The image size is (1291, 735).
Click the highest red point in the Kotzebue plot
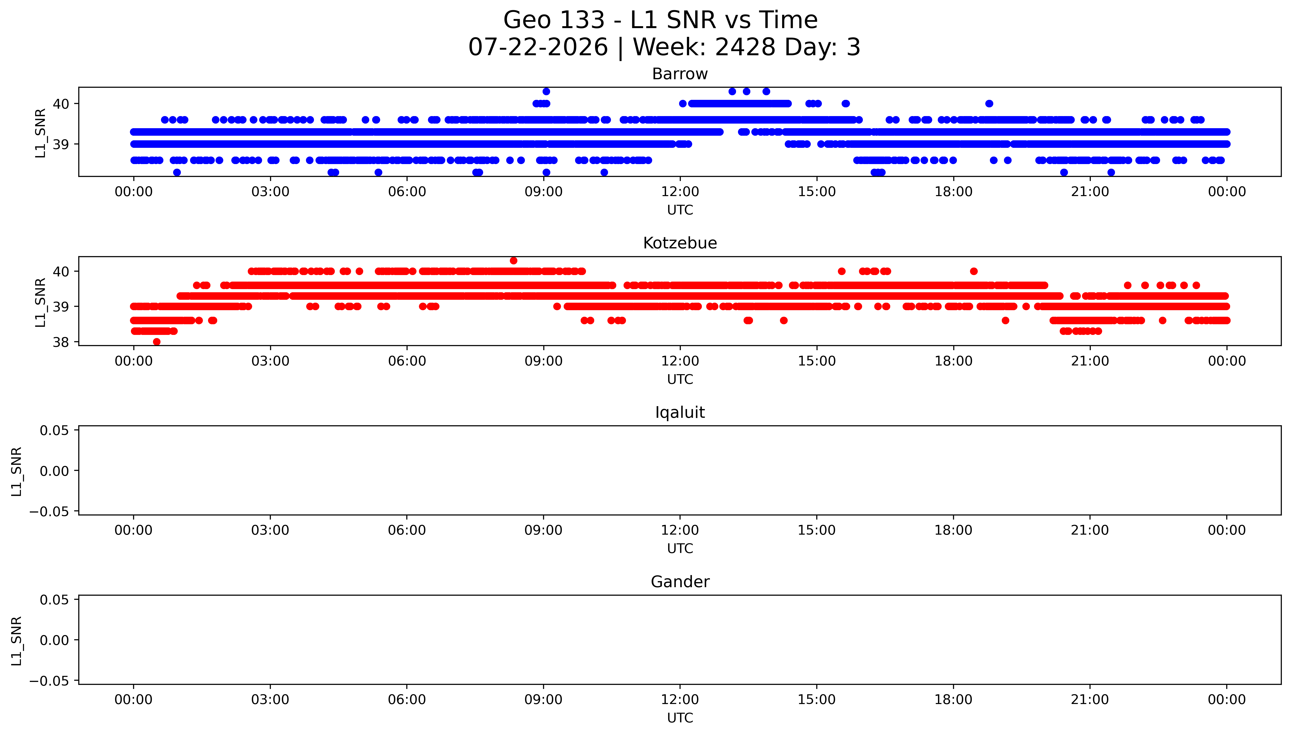click(513, 261)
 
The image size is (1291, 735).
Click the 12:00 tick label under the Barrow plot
click(680, 192)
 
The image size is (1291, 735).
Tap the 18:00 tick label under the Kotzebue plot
click(953, 361)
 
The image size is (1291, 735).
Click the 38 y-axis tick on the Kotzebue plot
click(61, 342)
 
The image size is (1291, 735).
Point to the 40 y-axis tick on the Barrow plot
click(61, 104)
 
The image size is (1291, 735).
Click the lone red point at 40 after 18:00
click(974, 271)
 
